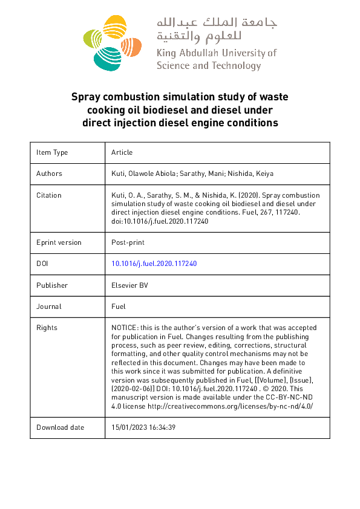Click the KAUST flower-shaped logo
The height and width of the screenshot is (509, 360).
pyautogui.click(x=111, y=42)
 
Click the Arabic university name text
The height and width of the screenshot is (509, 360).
pyautogui.click(x=216, y=30)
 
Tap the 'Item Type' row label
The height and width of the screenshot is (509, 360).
pyautogui.click(x=52, y=152)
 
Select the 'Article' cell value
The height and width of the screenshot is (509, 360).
pyautogui.click(x=122, y=152)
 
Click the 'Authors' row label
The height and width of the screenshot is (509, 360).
pyautogui.click(x=49, y=173)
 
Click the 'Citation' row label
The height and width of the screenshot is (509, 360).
pyautogui.click(x=49, y=195)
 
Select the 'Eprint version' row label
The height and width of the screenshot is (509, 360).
pyautogui.click(x=59, y=242)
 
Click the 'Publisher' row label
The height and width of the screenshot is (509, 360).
pyautogui.click(x=52, y=285)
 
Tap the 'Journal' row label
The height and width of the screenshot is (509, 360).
pyautogui.click(x=49, y=306)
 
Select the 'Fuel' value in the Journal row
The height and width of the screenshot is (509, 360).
pyautogui.click(x=119, y=306)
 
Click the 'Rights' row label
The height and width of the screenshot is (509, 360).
pyautogui.click(x=47, y=328)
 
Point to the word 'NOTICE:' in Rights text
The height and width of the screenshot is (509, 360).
pyautogui.click(x=125, y=328)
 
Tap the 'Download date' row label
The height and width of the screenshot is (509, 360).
pyautogui.click(x=60, y=427)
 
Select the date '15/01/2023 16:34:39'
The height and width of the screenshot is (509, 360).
pyautogui.click(x=143, y=427)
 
